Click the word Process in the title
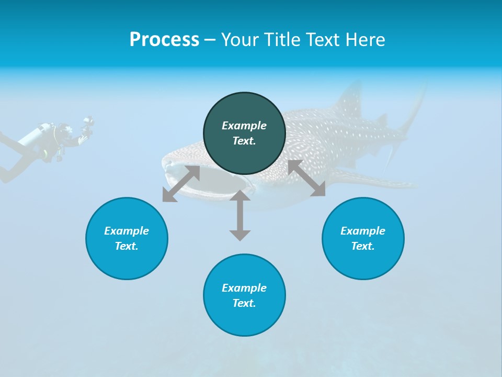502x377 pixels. click(164, 40)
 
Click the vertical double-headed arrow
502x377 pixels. click(240, 215)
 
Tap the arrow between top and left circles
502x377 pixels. click(181, 184)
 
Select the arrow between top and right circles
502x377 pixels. click(306, 178)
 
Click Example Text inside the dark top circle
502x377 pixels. click(244, 133)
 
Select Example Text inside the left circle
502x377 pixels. click(127, 238)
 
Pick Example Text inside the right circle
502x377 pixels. click(363, 238)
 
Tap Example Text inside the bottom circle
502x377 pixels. click(244, 295)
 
